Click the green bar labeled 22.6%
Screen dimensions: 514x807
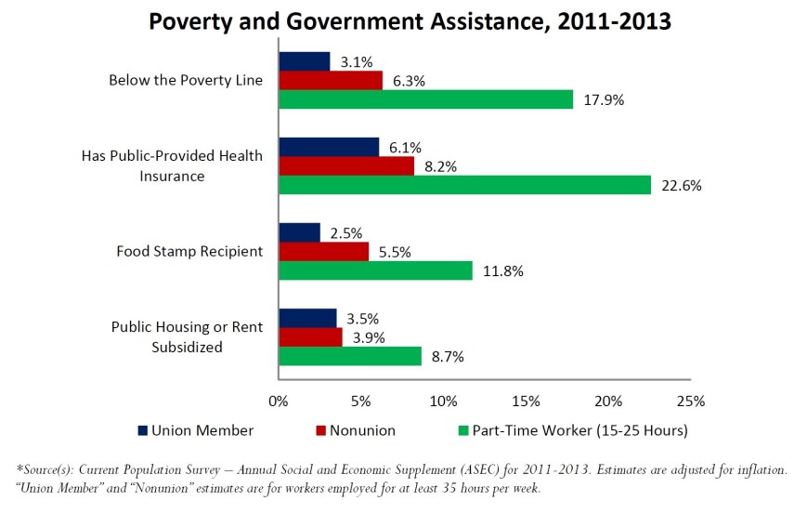[464, 185]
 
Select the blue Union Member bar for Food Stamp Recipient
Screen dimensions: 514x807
[299, 232]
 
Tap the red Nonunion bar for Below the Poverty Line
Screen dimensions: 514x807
[331, 81]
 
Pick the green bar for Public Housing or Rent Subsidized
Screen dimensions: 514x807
[350, 356]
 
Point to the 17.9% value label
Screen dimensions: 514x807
[603, 100]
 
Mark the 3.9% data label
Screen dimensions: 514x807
[370, 336]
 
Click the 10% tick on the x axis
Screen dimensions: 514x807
[443, 402]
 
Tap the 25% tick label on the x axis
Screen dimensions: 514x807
[690, 402]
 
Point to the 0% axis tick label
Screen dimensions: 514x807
[278, 402]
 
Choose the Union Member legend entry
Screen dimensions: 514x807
[195, 430]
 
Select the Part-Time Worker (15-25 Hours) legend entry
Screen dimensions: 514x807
[572, 430]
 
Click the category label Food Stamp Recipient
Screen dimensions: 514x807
[189, 251]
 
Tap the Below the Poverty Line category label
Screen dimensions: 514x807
[186, 80]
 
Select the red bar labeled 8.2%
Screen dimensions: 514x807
[346, 165]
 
